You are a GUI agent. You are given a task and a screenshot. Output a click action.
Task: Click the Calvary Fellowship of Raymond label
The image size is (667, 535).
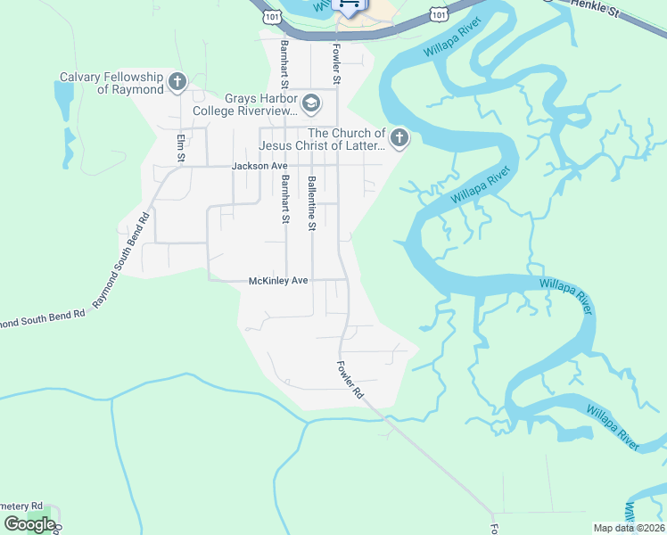[x=111, y=83]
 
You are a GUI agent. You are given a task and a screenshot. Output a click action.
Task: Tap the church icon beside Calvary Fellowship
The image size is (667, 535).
[x=177, y=84]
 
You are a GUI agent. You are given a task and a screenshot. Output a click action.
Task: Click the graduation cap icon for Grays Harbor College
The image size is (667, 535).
[x=310, y=105]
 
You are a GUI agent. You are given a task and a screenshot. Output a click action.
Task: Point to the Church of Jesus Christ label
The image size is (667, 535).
[x=321, y=139]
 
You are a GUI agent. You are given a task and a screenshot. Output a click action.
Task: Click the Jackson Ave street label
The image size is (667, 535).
[x=259, y=166]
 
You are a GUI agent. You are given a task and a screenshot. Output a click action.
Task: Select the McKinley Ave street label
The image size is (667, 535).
[x=277, y=280]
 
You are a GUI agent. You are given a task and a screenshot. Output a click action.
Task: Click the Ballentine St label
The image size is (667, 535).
[x=311, y=203]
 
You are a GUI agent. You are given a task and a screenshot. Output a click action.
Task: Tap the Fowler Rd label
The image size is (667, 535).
[x=350, y=379]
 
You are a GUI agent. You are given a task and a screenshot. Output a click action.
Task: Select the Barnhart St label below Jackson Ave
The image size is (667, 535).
[x=285, y=199]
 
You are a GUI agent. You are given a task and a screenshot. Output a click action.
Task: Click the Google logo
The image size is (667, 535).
[x=29, y=524]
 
